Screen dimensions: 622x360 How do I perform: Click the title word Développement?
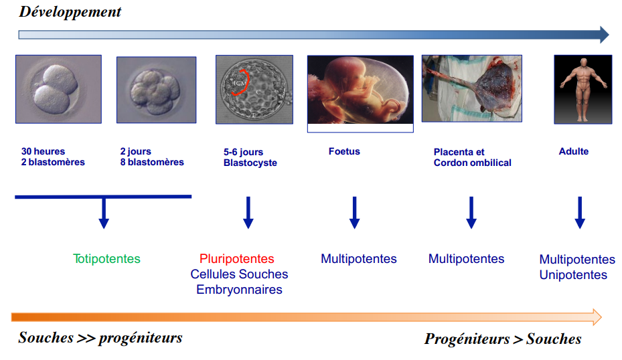click(x=70, y=12)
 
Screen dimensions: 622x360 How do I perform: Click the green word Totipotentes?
click(x=106, y=258)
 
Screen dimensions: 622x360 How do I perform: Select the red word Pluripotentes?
click(x=237, y=258)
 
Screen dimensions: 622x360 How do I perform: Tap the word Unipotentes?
click(x=573, y=275)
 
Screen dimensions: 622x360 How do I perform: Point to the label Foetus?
click(x=344, y=151)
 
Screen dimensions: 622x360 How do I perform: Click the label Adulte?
click(x=574, y=151)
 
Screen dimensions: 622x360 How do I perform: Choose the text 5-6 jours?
click(x=243, y=152)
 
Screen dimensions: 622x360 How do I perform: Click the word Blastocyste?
click(x=250, y=163)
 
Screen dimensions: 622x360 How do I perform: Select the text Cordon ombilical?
click(x=473, y=163)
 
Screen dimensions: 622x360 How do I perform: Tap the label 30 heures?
click(x=43, y=151)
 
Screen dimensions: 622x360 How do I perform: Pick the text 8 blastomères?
click(x=153, y=162)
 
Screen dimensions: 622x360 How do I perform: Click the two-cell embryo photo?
click(x=59, y=89)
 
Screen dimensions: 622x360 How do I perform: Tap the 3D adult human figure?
click(x=582, y=90)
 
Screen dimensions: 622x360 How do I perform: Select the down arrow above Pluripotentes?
click(x=248, y=213)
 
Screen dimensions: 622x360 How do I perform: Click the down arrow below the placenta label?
click(x=471, y=213)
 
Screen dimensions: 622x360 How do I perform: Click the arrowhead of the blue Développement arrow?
click(x=605, y=35)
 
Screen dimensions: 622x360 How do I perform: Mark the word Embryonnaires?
click(x=239, y=290)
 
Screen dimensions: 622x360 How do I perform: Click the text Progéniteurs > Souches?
click(x=503, y=339)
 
